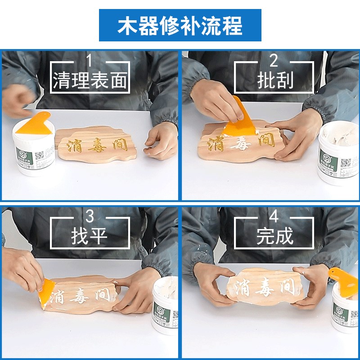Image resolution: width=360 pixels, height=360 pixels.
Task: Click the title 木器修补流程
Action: pyautogui.click(x=180, y=26)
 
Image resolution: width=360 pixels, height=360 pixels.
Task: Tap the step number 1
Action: pyautogui.click(x=90, y=59)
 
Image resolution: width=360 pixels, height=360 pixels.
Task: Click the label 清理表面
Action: pyautogui.click(x=90, y=81)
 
